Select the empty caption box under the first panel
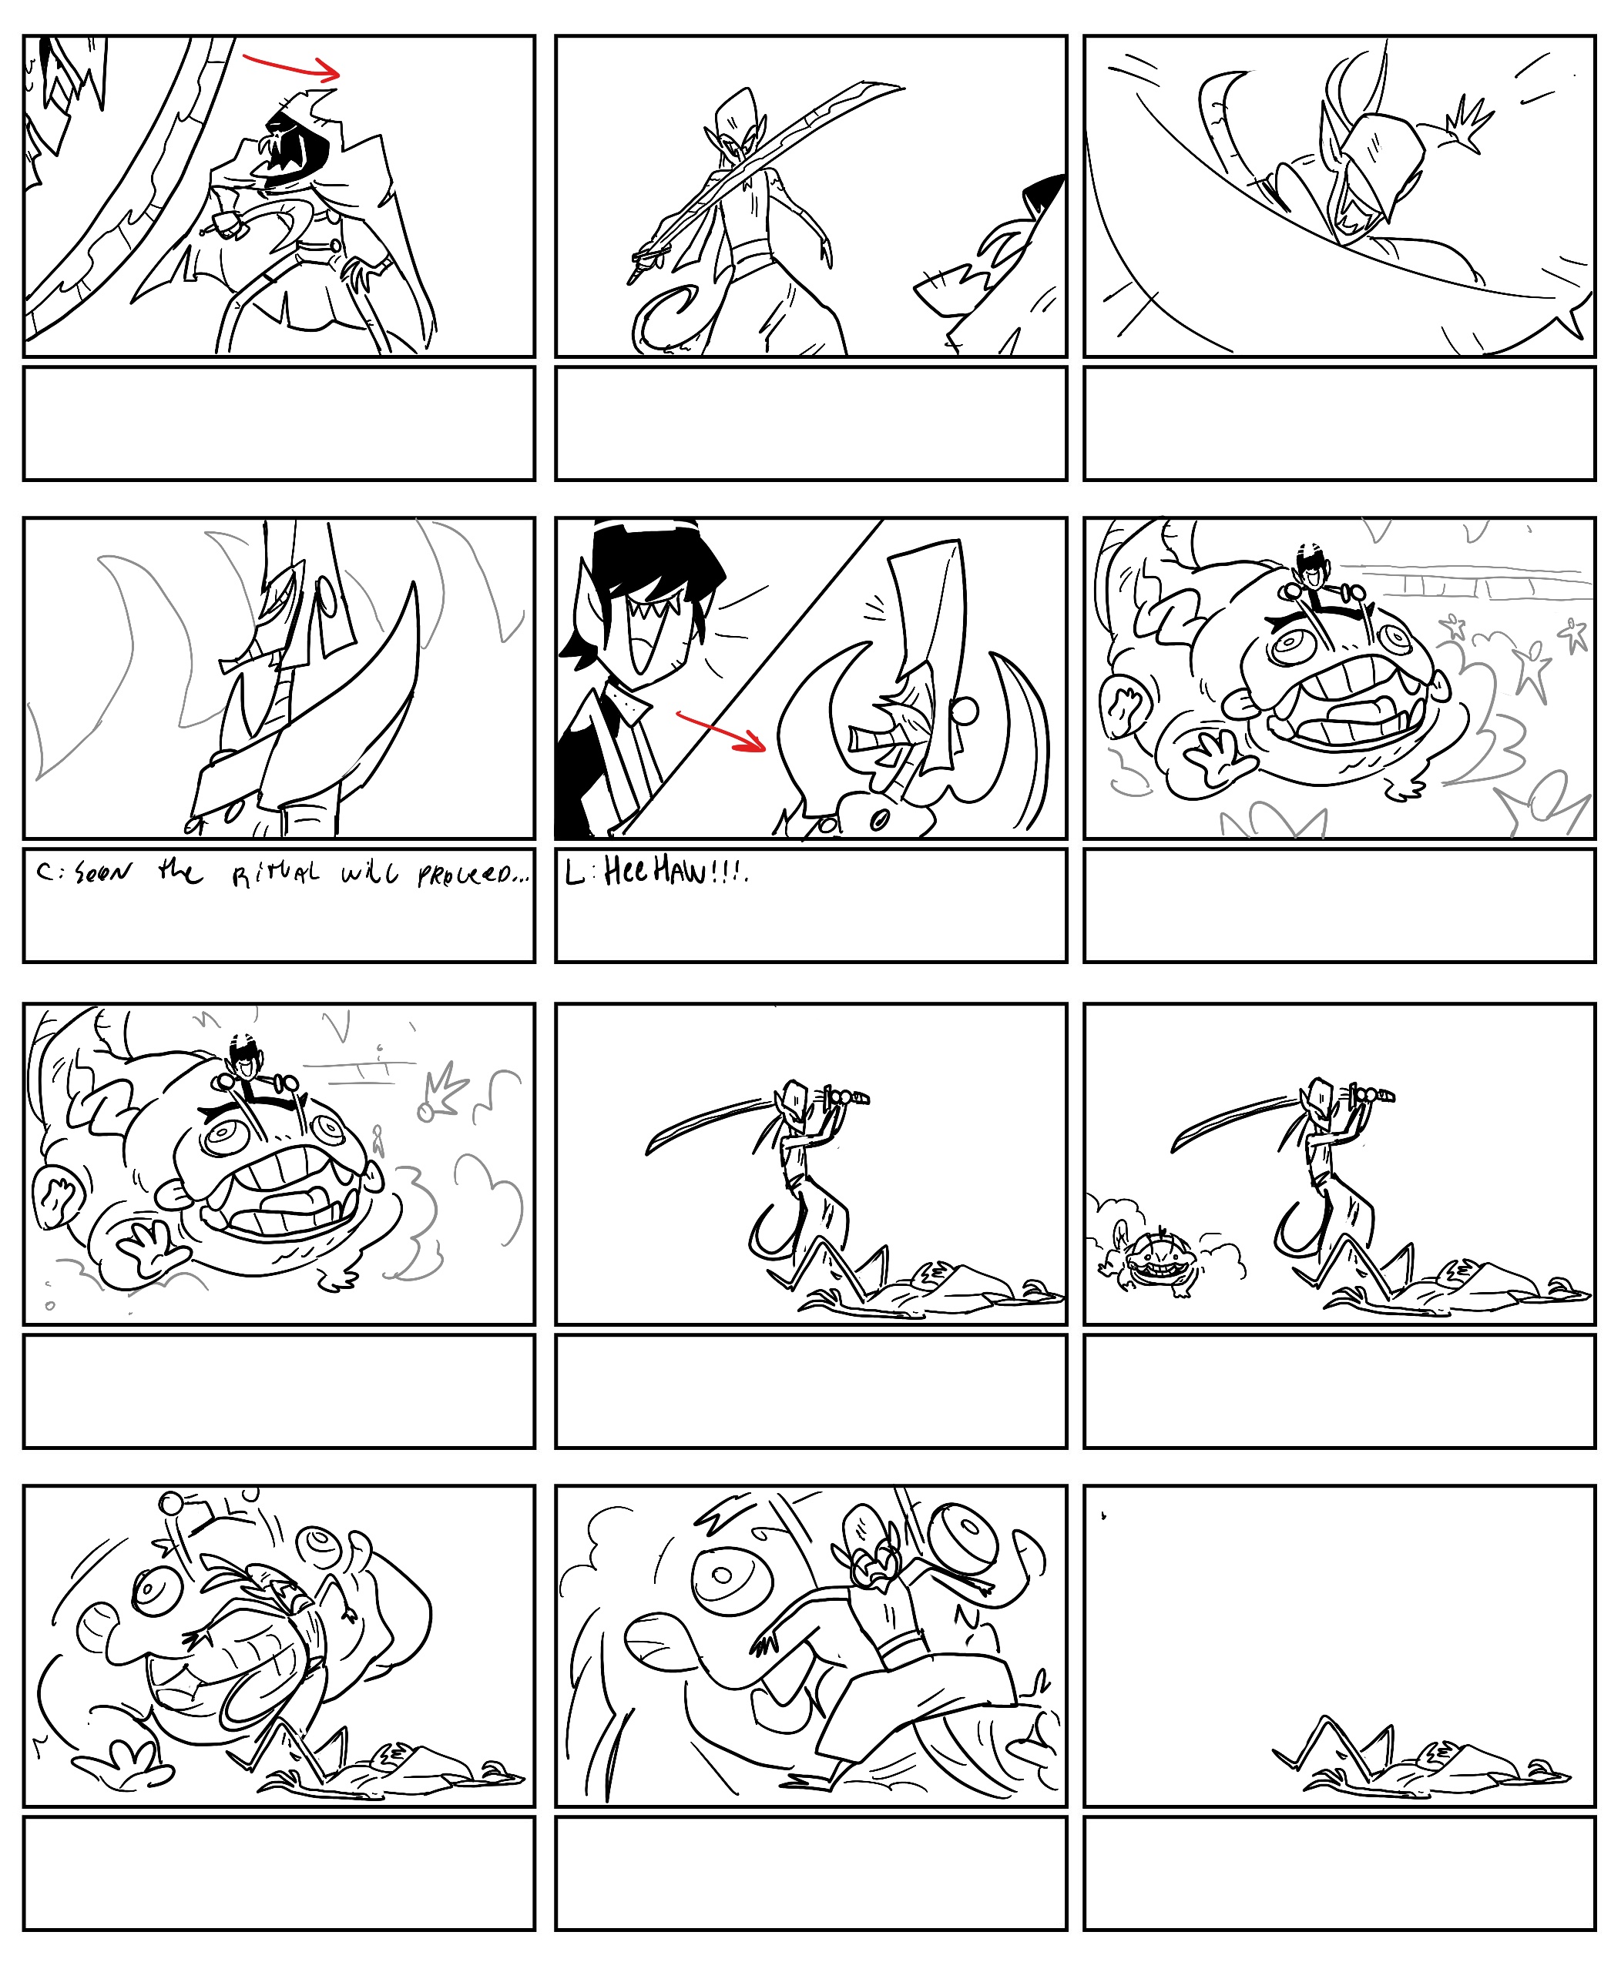tap(279, 424)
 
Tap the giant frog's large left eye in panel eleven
tap(731, 1576)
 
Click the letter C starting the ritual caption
tap(44, 872)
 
